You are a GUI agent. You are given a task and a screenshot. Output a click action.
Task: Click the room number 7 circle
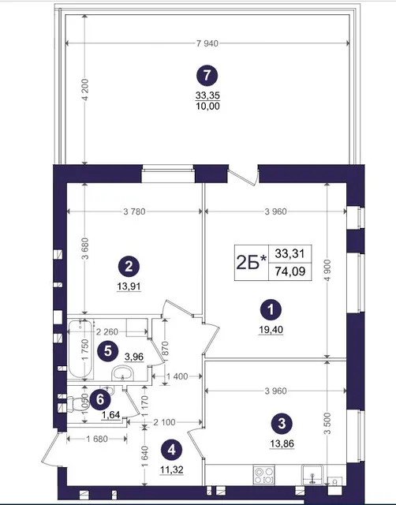(x=207, y=76)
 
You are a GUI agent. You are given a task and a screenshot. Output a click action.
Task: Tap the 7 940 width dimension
(x=207, y=43)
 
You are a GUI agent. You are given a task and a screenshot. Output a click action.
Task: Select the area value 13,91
(x=129, y=286)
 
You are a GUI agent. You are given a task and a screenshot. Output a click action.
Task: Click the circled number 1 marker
(x=271, y=310)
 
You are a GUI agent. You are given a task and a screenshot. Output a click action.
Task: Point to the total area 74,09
(x=290, y=271)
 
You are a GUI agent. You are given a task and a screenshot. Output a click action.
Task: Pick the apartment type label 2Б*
(x=252, y=263)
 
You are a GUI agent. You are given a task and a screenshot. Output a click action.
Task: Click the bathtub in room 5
(x=80, y=349)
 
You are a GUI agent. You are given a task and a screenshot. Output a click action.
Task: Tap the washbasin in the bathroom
(x=122, y=373)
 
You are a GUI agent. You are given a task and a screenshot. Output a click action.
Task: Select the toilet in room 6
(x=76, y=404)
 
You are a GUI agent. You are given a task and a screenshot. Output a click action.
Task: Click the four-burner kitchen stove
(x=264, y=475)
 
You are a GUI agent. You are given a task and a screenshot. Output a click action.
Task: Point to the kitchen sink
(x=312, y=475)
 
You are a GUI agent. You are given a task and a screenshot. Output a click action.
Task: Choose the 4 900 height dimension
(x=327, y=270)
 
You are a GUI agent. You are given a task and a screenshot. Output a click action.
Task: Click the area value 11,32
(x=172, y=469)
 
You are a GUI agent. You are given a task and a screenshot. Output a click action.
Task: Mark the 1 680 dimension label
(x=97, y=439)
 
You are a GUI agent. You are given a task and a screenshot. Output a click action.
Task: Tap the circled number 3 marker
(x=282, y=423)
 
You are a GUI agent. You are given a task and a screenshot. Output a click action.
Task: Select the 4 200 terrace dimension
(x=85, y=90)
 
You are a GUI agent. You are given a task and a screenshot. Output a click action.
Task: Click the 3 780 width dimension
(x=134, y=211)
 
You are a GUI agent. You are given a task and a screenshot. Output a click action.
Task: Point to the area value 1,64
(x=110, y=415)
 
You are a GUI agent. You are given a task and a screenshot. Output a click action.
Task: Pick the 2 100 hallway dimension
(x=164, y=422)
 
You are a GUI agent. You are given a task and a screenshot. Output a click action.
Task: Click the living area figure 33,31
(x=290, y=253)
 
